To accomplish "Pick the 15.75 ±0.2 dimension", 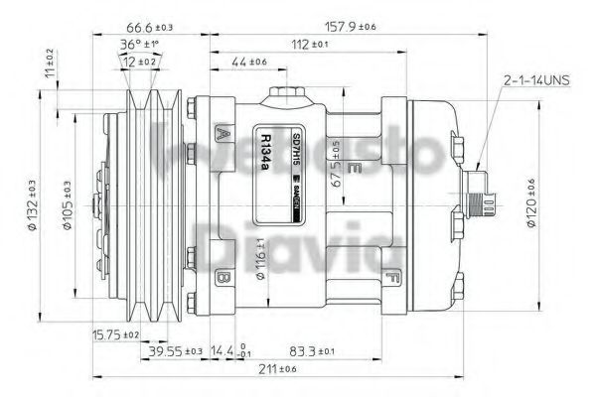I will click(114, 334).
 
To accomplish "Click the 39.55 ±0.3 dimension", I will click(176, 351).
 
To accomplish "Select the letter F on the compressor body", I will click(394, 276).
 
